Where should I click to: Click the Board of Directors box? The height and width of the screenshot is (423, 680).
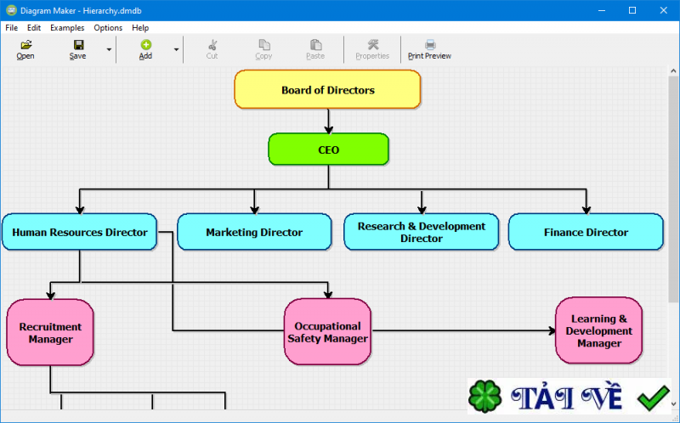[327, 89]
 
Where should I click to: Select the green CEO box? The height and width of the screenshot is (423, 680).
[328, 149]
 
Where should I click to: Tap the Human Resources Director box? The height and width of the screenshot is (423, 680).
[80, 232]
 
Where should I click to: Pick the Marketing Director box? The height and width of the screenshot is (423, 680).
[254, 232]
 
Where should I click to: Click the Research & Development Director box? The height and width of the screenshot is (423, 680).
[422, 232]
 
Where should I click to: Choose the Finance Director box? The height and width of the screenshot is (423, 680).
[586, 232]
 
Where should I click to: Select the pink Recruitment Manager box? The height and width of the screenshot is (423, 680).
[50, 332]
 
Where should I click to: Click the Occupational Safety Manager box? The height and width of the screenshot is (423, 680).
[327, 332]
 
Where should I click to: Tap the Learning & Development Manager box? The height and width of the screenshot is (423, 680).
[598, 330]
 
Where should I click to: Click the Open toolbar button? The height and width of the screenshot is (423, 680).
[25, 49]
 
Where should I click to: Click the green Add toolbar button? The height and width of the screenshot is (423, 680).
[145, 49]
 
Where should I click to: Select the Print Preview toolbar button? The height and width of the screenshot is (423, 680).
[429, 49]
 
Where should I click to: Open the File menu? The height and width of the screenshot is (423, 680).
[11, 27]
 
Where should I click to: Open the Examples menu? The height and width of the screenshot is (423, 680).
[67, 27]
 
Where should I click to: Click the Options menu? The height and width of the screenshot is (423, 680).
[108, 27]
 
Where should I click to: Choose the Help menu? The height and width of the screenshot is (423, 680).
[140, 27]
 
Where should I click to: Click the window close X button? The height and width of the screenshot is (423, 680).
[661, 10]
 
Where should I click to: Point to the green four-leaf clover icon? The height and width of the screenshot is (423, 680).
[486, 397]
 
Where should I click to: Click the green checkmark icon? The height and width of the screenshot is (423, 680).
[653, 396]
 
